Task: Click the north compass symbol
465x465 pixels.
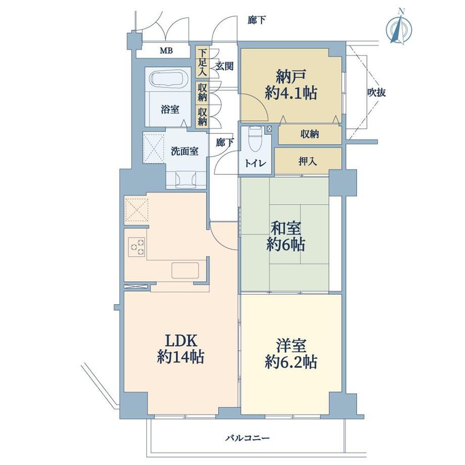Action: click(x=399, y=27)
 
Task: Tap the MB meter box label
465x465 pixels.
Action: click(x=166, y=51)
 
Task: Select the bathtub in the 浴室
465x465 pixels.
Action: click(x=168, y=79)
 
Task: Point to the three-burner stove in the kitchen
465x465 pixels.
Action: click(x=137, y=247)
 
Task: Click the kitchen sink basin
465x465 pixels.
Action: click(x=185, y=270)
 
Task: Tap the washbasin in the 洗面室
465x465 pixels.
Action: click(x=186, y=179)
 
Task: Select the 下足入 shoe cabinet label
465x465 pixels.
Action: click(x=203, y=62)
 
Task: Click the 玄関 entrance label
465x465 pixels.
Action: click(x=224, y=66)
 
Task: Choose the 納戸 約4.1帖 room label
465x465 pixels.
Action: click(x=291, y=85)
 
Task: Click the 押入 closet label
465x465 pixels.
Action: click(x=307, y=161)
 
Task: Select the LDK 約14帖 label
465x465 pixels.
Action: click(x=180, y=349)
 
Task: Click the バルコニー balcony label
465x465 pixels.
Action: click(x=248, y=437)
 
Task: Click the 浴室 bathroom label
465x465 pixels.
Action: click(x=170, y=110)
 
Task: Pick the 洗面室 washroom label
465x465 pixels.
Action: click(x=184, y=151)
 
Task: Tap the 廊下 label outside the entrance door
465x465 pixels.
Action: click(x=257, y=20)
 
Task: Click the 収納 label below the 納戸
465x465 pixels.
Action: click(x=310, y=134)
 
